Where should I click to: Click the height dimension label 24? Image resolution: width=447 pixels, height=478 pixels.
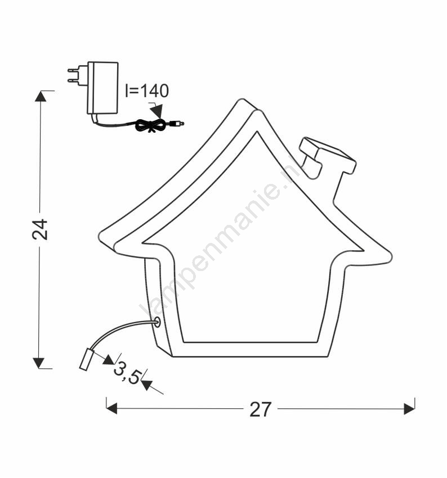pyautogui.click(x=41, y=229)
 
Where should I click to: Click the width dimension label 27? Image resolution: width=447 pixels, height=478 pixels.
pyautogui.click(x=260, y=409)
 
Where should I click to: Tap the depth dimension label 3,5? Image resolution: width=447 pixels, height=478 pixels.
pyautogui.click(x=127, y=373)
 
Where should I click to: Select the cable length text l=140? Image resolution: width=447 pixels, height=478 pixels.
pyautogui.click(x=147, y=91)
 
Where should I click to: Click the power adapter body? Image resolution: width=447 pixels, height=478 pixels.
pyautogui.click(x=102, y=88)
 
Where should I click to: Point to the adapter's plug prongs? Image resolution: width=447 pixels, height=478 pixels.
pyautogui.click(x=73, y=75)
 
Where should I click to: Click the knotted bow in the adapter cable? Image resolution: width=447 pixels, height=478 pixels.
pyautogui.click(x=150, y=125)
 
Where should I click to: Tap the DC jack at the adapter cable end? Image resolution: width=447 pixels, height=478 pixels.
pyautogui.click(x=177, y=124)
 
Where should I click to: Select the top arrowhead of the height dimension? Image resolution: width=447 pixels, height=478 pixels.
pyautogui.click(x=41, y=96)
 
